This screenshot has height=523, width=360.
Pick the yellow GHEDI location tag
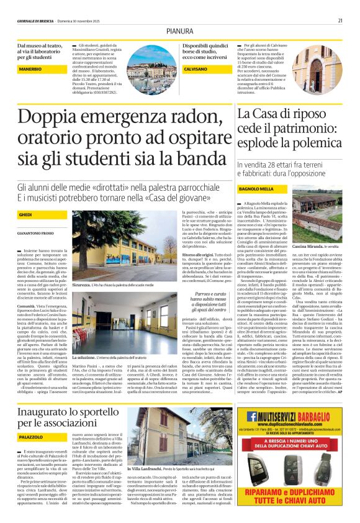pyautogui.click(x=25, y=214)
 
